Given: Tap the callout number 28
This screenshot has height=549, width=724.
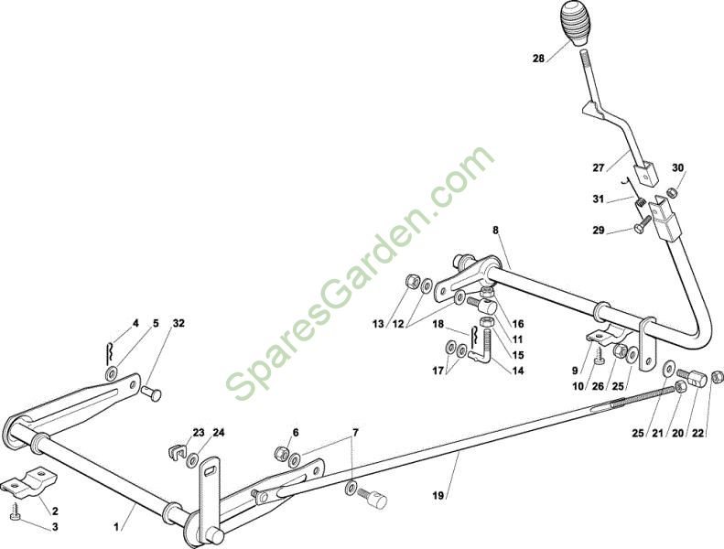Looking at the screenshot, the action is tap(539, 59).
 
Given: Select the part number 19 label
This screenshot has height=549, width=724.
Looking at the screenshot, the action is tap(438, 495).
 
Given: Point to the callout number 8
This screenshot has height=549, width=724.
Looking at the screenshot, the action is tap(495, 230).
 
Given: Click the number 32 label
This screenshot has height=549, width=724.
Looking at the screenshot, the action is tap(178, 323).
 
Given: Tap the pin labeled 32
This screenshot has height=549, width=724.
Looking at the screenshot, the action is tap(152, 395).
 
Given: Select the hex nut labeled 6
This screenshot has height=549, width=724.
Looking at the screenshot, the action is tap(280, 453).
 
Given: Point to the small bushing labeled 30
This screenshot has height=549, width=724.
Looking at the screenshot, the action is tap(672, 191).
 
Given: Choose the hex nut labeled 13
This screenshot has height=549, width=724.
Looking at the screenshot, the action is tap(411, 281).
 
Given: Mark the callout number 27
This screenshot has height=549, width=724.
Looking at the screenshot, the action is tap(599, 167).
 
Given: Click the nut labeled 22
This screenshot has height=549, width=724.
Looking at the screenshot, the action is tap(717, 376).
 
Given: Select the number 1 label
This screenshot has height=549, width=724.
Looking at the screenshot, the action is tap(116, 526).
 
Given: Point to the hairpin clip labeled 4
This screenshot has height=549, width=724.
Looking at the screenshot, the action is tap(109, 352).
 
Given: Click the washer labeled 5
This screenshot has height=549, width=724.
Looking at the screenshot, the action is tap(112, 373).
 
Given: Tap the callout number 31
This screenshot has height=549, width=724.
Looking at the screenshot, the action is tap(599, 199).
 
